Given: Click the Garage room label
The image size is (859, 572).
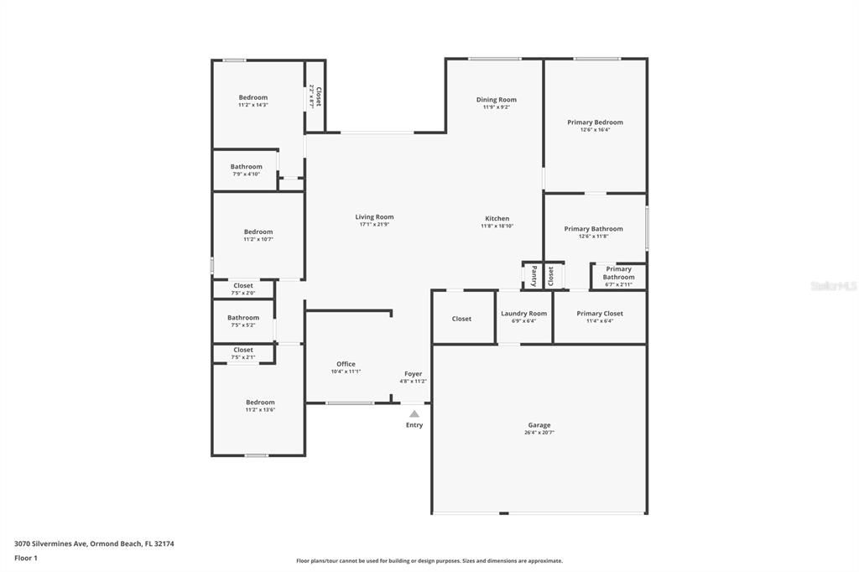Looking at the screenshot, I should (539, 425).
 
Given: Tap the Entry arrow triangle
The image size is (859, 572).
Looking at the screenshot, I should (414, 413).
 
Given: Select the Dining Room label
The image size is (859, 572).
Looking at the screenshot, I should (497, 100).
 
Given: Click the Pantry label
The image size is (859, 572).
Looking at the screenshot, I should (534, 276).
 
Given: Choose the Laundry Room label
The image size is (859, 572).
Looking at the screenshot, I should (523, 314).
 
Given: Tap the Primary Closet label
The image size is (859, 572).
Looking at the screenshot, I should (600, 314).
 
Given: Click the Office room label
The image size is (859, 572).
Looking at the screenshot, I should (346, 364).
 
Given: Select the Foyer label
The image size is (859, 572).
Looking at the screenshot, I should (414, 374).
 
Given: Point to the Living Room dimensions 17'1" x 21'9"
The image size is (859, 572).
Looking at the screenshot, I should (374, 225).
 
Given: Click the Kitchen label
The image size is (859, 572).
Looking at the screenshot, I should (497, 219).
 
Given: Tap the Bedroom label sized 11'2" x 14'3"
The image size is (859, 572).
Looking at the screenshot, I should (252, 98).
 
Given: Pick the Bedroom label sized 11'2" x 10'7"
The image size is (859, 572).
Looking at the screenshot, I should (258, 232).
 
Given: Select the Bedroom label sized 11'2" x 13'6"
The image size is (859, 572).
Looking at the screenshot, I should (260, 403).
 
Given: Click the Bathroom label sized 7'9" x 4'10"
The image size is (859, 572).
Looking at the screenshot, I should (246, 167).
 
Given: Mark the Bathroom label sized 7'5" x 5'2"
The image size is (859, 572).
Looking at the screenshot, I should (243, 318).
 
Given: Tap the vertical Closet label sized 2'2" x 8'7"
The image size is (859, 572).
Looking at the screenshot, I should (317, 96).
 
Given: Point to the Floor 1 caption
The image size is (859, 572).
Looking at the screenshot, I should (26, 558).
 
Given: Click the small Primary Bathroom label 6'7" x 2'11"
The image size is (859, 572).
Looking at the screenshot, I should (618, 273).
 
